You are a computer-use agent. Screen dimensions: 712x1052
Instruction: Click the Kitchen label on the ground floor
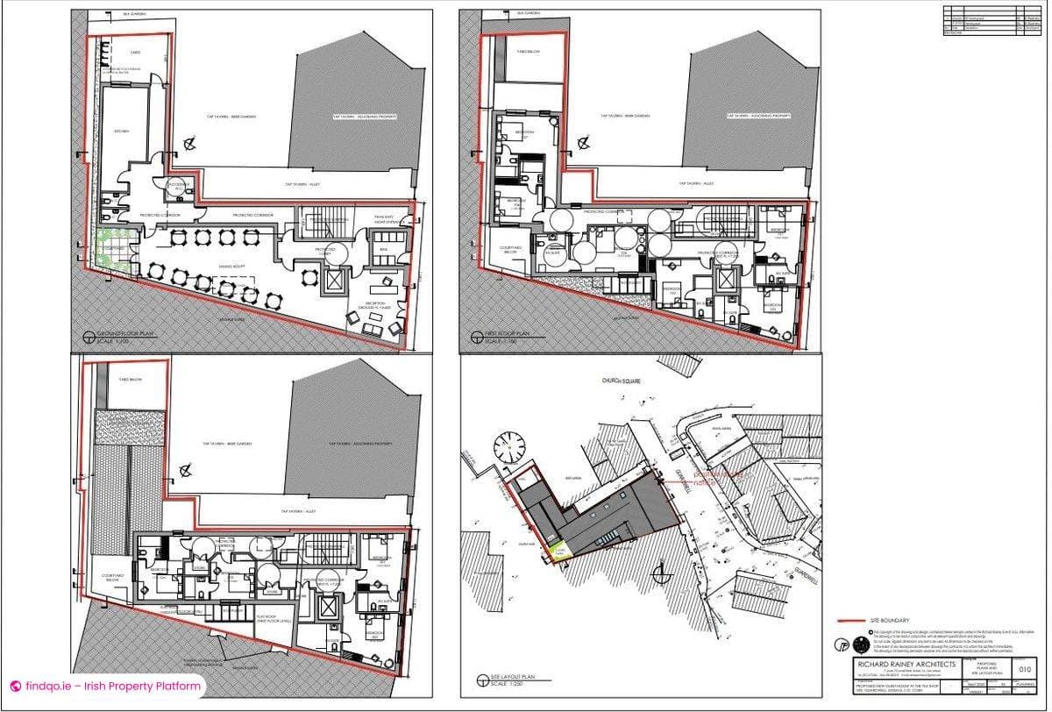(x=122, y=131)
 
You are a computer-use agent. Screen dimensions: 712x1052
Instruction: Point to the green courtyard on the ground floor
(x=111, y=248)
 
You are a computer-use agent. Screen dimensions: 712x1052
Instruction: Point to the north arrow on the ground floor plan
(x=188, y=144)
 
